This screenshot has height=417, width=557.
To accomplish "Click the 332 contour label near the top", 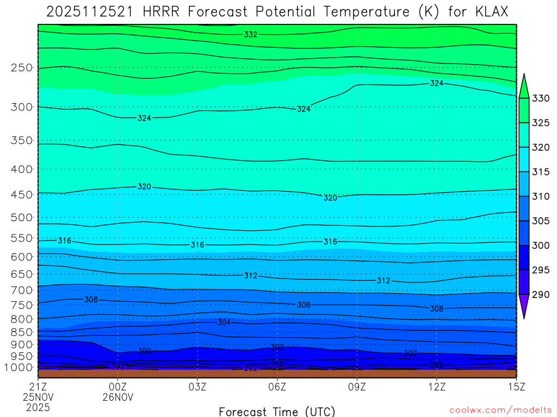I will pyautogui.click(x=251, y=34).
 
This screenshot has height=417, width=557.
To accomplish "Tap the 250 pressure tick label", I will pyautogui.click(x=22, y=68).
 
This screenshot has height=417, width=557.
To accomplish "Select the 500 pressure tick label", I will pyautogui.click(x=22, y=218).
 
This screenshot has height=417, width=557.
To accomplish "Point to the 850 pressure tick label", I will pyautogui.click(x=22, y=332).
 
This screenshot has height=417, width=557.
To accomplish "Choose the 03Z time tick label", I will pyautogui.click(x=197, y=387).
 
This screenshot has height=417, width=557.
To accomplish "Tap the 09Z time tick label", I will pyautogui.click(x=357, y=387).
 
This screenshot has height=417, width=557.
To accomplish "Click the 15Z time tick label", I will pyautogui.click(x=516, y=387).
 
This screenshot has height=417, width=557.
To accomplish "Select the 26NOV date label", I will pyautogui.click(x=118, y=397).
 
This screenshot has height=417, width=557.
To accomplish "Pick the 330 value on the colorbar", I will pyautogui.click(x=540, y=98).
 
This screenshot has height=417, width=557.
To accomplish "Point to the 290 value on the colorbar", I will pyautogui.click(x=540, y=294).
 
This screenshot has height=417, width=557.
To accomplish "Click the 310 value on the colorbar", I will pyautogui.click(x=540, y=197).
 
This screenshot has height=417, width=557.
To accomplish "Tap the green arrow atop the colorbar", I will pyautogui.click(x=524, y=86).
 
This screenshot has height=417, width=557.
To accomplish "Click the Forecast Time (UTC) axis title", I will pyautogui.click(x=277, y=411).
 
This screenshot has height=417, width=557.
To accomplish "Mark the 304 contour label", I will pyautogui.click(x=224, y=322).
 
